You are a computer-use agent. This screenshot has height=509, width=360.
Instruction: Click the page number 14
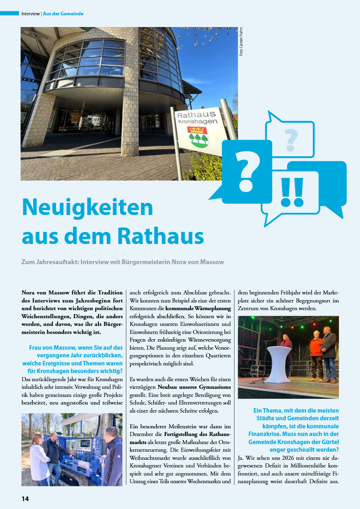coord(25,499)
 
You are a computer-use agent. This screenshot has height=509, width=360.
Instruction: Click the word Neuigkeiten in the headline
coord(88,207)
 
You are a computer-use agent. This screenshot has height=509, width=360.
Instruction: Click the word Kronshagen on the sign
coord(197,121)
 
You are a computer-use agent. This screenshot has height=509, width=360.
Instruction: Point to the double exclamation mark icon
coord(292,192)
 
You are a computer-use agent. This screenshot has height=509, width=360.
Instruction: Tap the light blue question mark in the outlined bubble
coord(291,140)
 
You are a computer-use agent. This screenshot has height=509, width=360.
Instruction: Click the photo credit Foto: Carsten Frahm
coord(241,42)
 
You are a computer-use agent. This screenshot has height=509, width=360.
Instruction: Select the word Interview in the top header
coord(30,14)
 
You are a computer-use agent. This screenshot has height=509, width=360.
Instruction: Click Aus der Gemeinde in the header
coord(63,14)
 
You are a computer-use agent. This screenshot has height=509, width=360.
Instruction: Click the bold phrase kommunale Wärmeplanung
coord(198,309)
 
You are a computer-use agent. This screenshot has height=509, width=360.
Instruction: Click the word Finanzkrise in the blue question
coord(264,434)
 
